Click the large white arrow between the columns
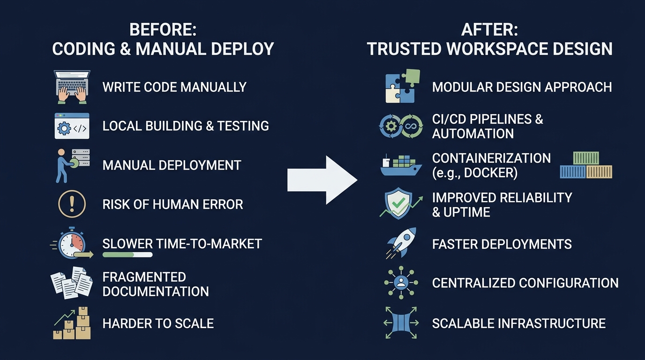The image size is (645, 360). [x=322, y=180]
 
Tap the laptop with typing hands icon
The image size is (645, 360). [x=72, y=87]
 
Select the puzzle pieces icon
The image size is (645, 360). [x=403, y=86]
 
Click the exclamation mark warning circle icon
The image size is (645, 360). [x=72, y=204]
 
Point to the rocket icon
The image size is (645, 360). [x=401, y=242]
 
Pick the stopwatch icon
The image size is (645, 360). [x=72, y=243]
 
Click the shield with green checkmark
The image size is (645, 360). [x=398, y=203]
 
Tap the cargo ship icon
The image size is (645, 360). [x=401, y=165]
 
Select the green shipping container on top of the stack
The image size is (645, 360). [x=586, y=158]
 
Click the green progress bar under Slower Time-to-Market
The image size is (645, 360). [x=127, y=255]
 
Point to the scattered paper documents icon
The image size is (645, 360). [x=72, y=283]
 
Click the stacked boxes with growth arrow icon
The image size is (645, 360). [x=72, y=323]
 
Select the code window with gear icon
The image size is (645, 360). [x=72, y=126]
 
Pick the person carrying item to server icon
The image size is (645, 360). [x=73, y=165]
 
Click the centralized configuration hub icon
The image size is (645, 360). [x=401, y=283]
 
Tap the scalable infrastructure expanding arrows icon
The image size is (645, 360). [x=401, y=322]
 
